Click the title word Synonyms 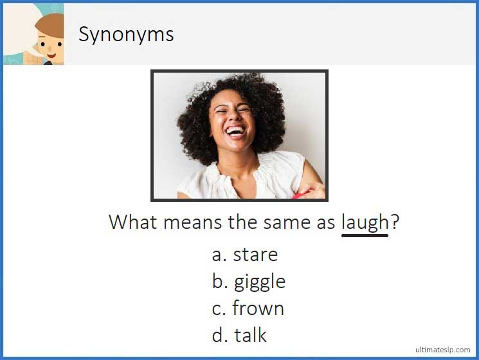126,33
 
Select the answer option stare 255,255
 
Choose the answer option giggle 259,282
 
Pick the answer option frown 258,309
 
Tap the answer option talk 250,335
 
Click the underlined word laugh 365,222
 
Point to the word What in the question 132,222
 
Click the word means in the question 192,222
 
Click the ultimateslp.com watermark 442,350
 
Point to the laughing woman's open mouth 235,132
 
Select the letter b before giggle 217,282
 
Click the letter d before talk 217,335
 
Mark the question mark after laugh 395,222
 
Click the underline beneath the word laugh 365,235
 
